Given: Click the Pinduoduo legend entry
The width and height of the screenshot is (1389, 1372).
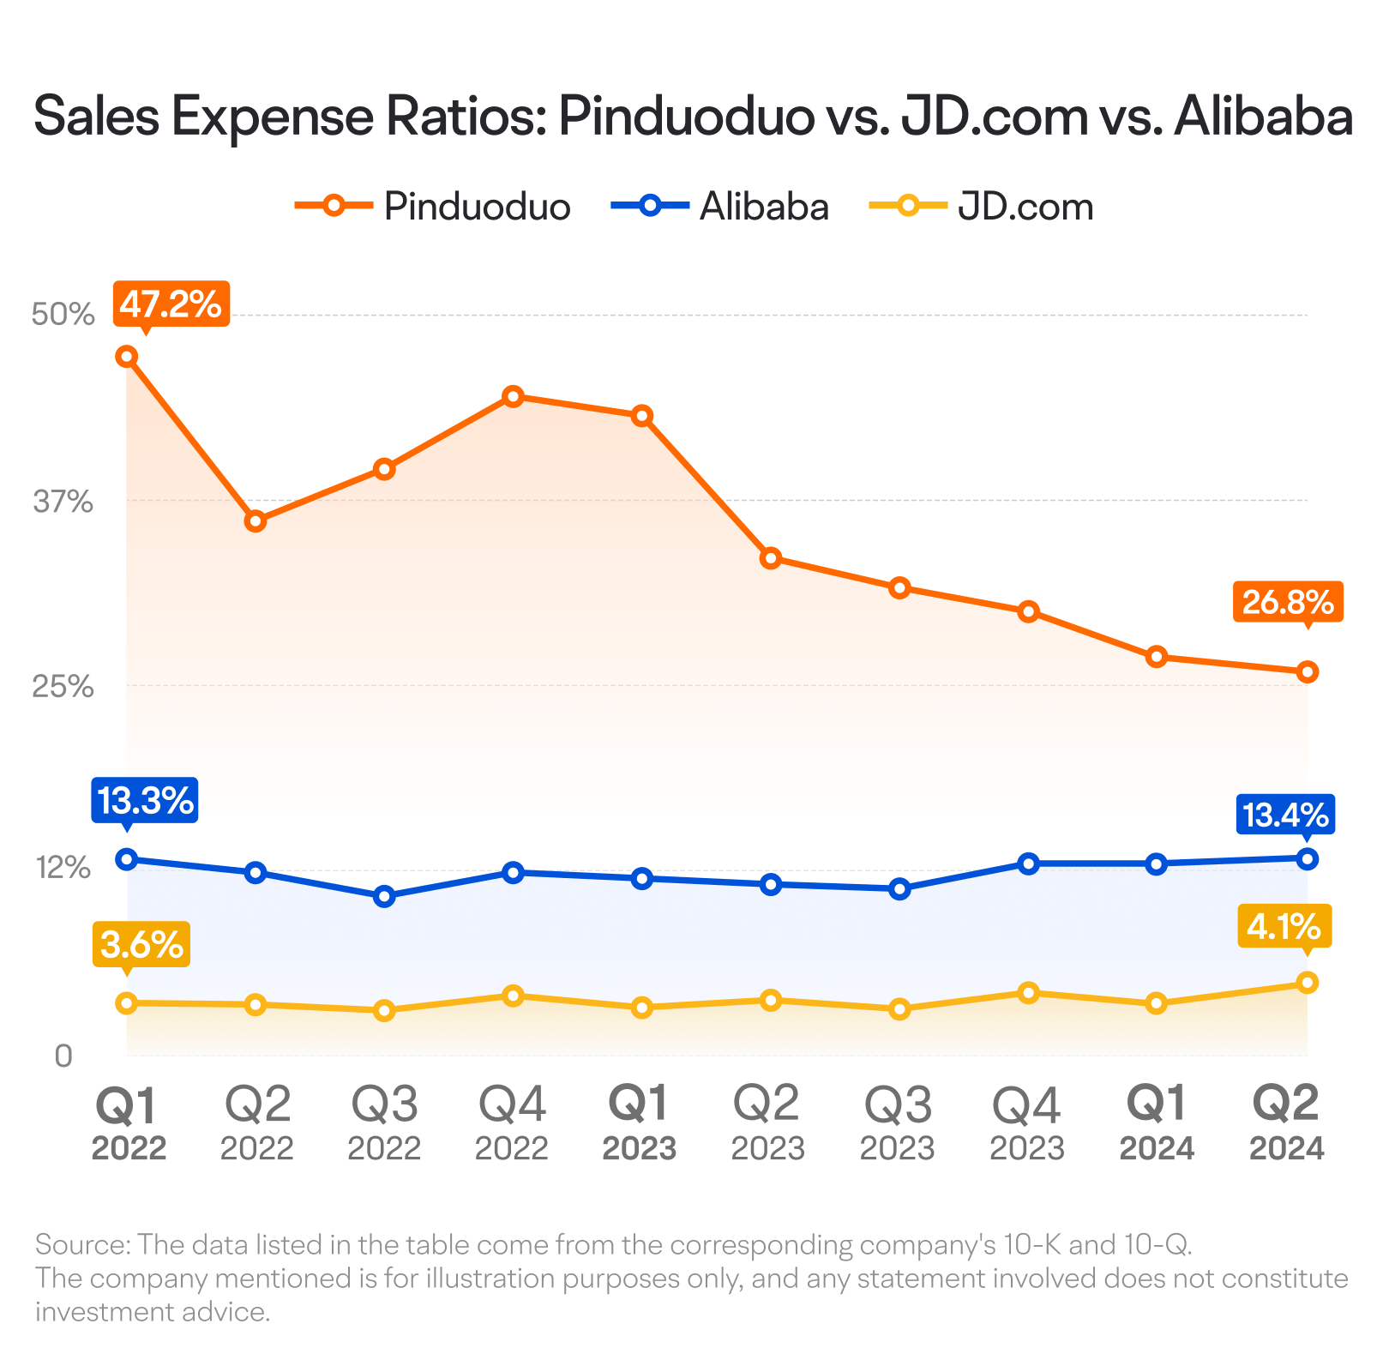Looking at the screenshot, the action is click(x=432, y=207).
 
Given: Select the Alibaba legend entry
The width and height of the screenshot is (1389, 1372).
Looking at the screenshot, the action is click(x=720, y=207).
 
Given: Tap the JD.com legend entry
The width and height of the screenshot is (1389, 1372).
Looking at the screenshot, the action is click(x=981, y=207).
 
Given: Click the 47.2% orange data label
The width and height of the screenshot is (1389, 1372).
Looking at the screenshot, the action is click(x=171, y=304).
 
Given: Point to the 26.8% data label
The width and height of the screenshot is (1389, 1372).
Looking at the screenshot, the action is click(x=1288, y=602).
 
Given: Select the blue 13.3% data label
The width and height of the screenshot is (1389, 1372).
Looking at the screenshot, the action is click(x=145, y=801).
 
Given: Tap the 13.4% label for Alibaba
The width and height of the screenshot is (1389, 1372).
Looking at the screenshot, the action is click(x=1285, y=814).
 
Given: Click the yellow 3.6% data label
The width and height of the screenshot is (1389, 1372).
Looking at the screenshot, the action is click(x=141, y=946).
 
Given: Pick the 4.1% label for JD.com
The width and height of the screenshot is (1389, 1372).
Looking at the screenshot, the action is click(x=1284, y=926).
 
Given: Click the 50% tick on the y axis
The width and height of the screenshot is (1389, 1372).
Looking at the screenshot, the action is click(x=63, y=315).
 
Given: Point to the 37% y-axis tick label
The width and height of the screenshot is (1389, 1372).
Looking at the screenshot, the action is click(x=63, y=502).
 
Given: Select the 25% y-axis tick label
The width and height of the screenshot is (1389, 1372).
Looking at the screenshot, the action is click(x=63, y=686).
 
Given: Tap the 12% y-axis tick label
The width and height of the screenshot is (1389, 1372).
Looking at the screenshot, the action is click(x=63, y=868).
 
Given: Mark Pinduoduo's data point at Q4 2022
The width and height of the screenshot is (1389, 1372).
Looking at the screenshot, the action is click(x=513, y=396).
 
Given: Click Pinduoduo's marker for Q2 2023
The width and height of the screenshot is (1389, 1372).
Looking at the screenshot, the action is click(x=771, y=558).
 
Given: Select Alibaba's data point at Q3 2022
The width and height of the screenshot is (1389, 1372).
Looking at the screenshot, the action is click(x=384, y=896).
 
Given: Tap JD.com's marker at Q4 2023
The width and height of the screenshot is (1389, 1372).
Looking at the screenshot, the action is click(x=1028, y=993).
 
